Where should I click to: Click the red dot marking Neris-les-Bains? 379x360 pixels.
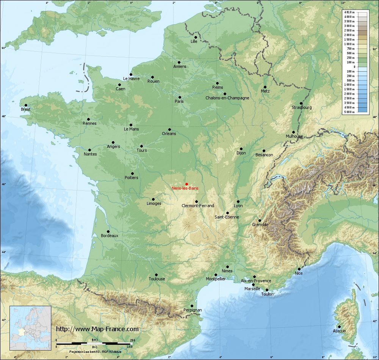(x=186, y=184)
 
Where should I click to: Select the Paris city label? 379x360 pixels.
(x=179, y=101)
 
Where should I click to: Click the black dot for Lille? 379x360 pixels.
(x=196, y=37)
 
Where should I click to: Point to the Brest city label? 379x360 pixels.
(x=26, y=110)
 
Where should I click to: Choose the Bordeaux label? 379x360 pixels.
(x=110, y=236)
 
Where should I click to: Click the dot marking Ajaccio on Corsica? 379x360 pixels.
(x=339, y=327)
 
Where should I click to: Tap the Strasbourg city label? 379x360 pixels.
(x=302, y=108)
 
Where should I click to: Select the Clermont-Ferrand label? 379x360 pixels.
(x=198, y=206)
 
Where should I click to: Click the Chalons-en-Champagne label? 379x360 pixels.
(x=227, y=98)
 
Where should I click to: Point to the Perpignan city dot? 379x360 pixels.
(x=192, y=306)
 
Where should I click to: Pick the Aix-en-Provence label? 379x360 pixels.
(x=256, y=281)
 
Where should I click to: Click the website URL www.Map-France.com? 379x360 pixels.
(x=97, y=329)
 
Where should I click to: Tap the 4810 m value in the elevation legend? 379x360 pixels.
(x=349, y=13)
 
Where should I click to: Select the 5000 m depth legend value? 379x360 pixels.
(x=349, y=112)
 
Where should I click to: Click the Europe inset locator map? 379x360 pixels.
(x=30, y=328)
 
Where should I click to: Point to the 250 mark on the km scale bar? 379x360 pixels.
(x=132, y=340)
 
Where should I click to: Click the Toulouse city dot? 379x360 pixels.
(x=156, y=275)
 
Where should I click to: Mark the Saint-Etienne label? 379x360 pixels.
(x=227, y=217)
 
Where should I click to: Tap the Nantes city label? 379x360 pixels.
(x=91, y=154)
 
